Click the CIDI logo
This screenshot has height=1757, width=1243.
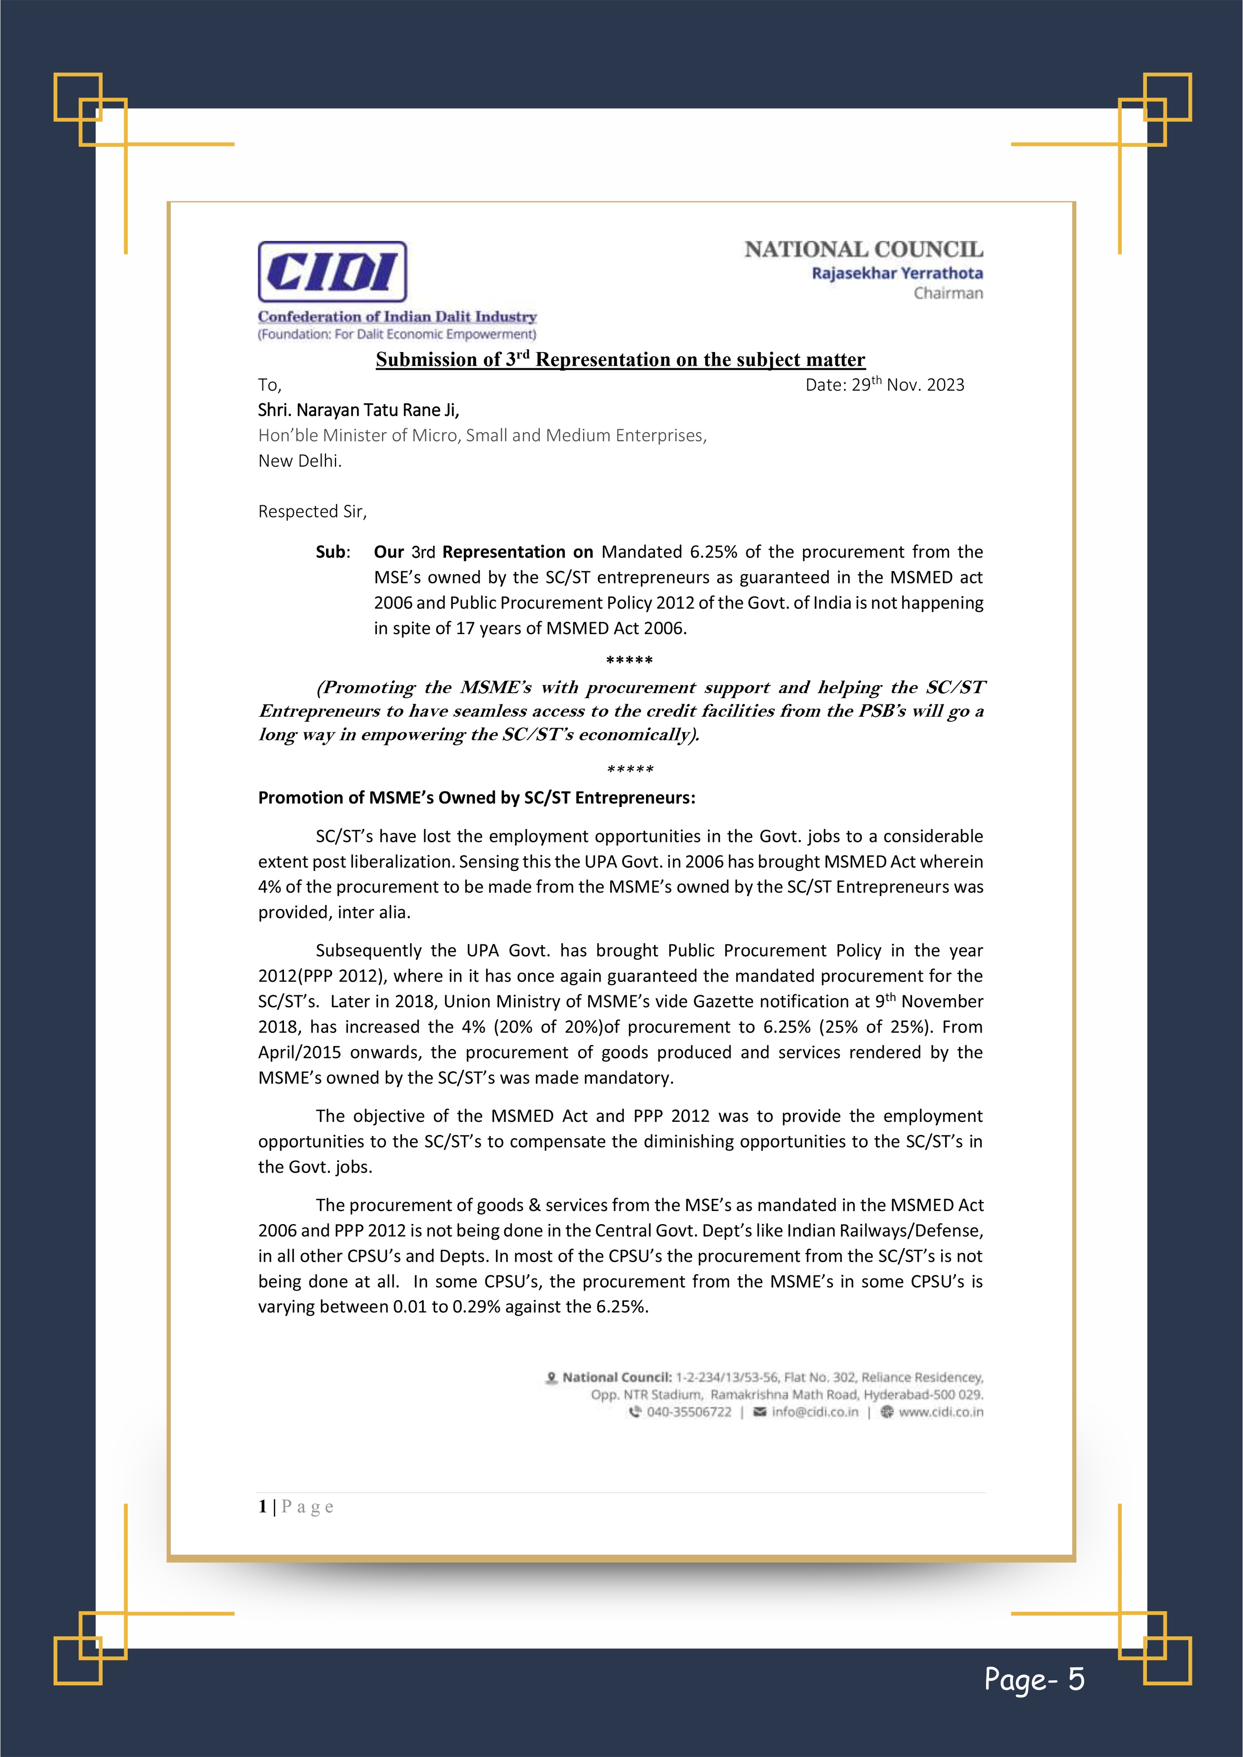click(x=332, y=271)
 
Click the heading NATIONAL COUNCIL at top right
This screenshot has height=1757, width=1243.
click(x=863, y=249)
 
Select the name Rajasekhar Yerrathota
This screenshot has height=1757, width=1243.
click(x=897, y=273)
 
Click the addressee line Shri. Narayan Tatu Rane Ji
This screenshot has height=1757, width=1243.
click(x=358, y=410)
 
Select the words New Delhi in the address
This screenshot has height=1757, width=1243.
click(x=299, y=461)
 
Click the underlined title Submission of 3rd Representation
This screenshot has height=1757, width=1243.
click(x=620, y=360)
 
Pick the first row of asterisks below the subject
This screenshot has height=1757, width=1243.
click(x=629, y=661)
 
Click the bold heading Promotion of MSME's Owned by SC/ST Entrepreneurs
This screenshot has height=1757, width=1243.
click(x=476, y=797)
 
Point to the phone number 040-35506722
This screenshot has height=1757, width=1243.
click(x=688, y=1412)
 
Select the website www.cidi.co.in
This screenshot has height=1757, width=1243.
click(x=941, y=1412)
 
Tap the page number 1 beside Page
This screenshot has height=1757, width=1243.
click(x=262, y=1507)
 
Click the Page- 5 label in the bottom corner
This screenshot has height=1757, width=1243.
click(x=1034, y=1678)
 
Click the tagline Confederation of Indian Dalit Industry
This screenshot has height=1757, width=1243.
click(x=397, y=317)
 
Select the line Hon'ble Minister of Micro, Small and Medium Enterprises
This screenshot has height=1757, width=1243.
click(x=482, y=435)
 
